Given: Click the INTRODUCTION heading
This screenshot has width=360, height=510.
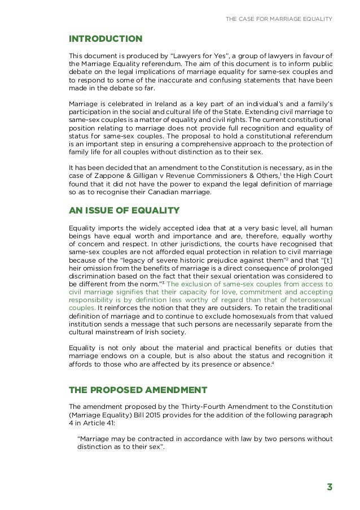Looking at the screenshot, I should pos(105,38).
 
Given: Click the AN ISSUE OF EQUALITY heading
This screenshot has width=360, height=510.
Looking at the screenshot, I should pos(124,211).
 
